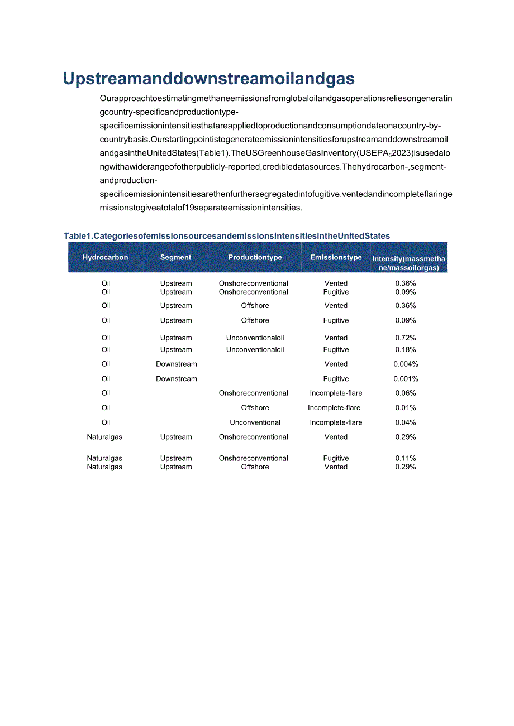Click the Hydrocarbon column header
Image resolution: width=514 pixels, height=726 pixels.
[106, 257]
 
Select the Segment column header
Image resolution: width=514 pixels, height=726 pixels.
[176, 257]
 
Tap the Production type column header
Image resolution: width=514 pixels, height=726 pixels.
[255, 257]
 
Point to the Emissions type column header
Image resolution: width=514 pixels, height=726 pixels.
[336, 257]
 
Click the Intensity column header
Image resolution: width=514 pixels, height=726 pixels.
[409, 263]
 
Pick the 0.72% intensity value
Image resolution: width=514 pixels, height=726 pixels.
[406, 338]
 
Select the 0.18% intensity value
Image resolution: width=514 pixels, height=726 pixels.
[406, 350]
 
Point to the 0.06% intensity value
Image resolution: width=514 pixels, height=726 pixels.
[406, 393]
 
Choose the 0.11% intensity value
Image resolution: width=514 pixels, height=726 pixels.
[406, 458]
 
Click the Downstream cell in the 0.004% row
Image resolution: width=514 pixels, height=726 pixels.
[177, 364]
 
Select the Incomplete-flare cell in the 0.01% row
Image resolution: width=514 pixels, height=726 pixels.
[334, 408]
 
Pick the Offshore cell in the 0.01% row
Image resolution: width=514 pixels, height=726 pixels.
[255, 408]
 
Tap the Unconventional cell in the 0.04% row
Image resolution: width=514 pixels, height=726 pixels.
[255, 422]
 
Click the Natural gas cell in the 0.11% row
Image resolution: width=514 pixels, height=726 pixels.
[104, 458]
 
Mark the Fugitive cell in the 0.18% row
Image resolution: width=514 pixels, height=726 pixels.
[336, 350]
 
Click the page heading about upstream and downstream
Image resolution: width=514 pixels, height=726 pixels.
[209, 79]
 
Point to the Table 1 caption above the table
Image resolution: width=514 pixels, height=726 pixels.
[227, 236]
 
